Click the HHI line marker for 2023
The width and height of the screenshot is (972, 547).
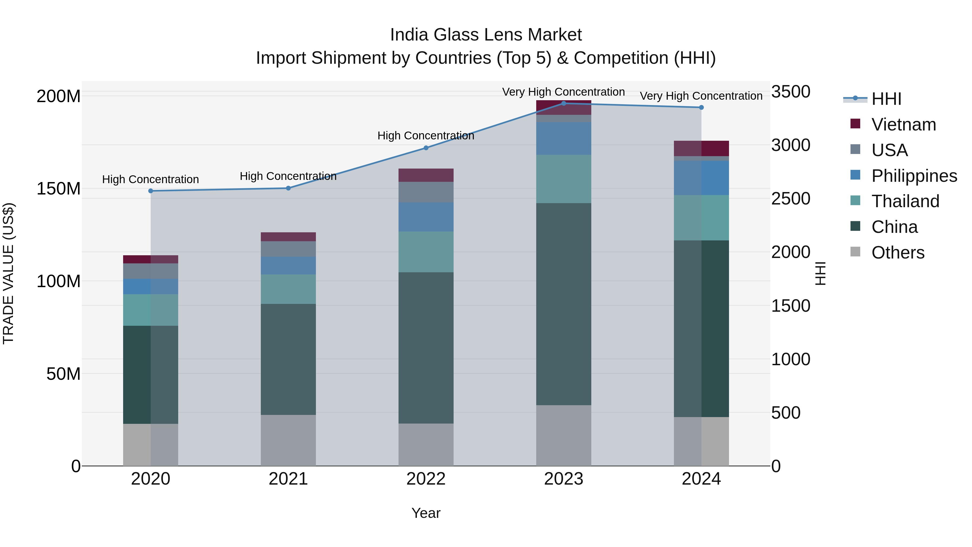click(x=564, y=103)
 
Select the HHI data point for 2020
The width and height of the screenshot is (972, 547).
click(x=151, y=191)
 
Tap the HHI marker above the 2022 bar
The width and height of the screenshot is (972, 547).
click(x=426, y=148)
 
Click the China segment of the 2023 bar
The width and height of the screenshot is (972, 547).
click(x=564, y=304)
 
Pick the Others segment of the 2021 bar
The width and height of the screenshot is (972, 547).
click(x=288, y=440)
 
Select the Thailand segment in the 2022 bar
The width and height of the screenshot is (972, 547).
click(x=426, y=252)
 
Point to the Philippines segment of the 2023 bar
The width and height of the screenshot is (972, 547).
click(x=564, y=138)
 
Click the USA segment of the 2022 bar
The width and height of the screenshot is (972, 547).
click(x=426, y=192)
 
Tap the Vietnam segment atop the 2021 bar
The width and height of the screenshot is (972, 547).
click(x=288, y=237)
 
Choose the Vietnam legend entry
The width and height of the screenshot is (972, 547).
click(x=903, y=125)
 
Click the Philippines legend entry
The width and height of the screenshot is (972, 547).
click(x=914, y=176)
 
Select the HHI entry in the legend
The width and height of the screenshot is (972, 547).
click(x=886, y=99)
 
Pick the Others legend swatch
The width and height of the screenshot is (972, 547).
click(x=855, y=252)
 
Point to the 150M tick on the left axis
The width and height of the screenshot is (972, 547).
click(x=59, y=188)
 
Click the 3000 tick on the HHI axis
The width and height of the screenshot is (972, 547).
click(x=791, y=145)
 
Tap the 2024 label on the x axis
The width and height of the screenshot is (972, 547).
click(x=701, y=479)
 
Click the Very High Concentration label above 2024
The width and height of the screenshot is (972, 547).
click(x=701, y=96)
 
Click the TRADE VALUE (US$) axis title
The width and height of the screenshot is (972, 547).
click(x=9, y=273)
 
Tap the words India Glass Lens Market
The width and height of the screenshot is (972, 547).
click(x=486, y=35)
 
